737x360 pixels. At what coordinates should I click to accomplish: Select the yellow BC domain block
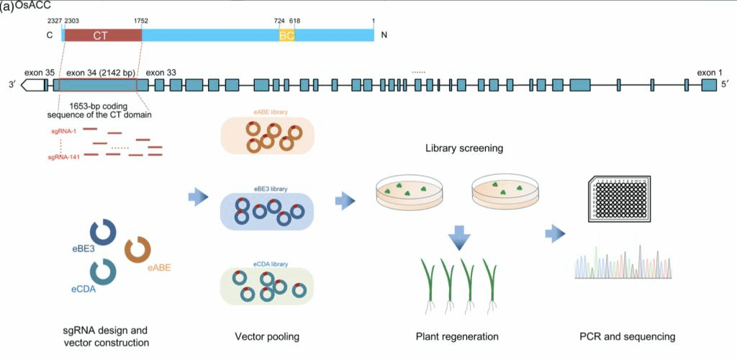click(x=286, y=35)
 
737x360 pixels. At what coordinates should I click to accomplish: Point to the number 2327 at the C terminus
click(x=53, y=22)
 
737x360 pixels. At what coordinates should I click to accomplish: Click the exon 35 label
click(x=40, y=72)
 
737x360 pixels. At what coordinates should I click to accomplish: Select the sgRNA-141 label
click(x=63, y=156)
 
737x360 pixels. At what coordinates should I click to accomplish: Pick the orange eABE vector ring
click(x=137, y=250)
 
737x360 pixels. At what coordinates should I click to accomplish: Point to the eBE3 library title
click(x=270, y=189)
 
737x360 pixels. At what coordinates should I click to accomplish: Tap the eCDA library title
click(x=270, y=264)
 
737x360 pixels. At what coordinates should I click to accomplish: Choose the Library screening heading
click(x=464, y=149)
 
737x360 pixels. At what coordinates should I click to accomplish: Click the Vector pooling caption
click(x=267, y=336)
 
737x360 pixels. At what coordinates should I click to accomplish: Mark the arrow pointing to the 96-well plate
click(x=555, y=233)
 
